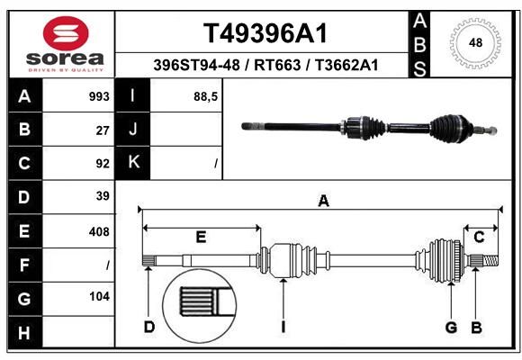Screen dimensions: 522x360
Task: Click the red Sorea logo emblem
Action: pyautogui.click(x=66, y=33)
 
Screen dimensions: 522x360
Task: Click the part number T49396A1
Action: pyautogui.click(x=265, y=33)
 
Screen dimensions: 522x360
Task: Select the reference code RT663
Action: pyautogui.click(x=277, y=65)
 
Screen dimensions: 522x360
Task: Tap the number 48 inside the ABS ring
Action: pyautogui.click(x=475, y=42)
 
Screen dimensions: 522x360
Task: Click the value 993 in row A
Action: pyautogui.click(x=99, y=96)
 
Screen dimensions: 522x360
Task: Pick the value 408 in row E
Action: pyautogui.click(x=99, y=232)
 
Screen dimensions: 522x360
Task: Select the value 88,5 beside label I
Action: pyautogui.click(x=206, y=97)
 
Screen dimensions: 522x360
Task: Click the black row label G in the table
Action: pyautogui.click(x=24, y=299)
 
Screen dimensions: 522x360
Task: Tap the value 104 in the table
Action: pyautogui.click(x=99, y=296)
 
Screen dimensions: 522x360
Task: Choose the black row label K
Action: pyautogui.click(x=133, y=162)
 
